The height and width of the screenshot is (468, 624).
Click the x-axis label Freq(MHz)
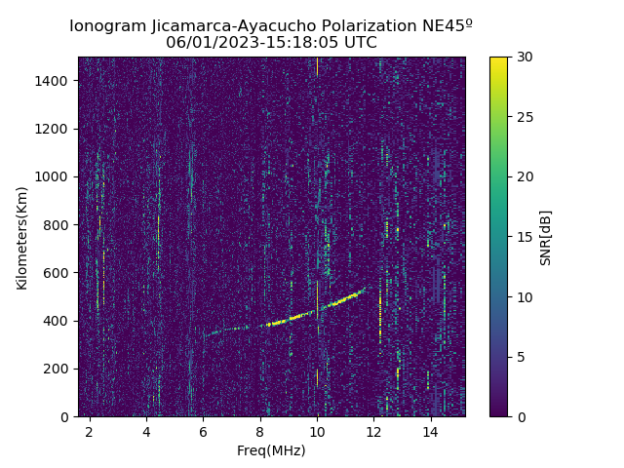tap(271, 450)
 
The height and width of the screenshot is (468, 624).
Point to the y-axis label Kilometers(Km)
tap(21, 237)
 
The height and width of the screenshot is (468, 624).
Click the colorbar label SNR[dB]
tap(546, 237)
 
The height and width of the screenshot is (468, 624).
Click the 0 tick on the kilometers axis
tap(68, 416)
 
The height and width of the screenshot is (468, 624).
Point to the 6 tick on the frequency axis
tap(203, 431)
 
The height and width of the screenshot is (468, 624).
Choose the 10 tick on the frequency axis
tap(317, 431)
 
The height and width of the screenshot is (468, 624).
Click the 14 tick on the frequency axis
tap(430, 431)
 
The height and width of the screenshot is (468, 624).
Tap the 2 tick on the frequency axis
tap(90, 431)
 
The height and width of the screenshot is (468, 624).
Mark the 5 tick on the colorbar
tap(520, 357)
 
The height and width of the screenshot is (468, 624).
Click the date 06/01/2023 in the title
tap(209, 43)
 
